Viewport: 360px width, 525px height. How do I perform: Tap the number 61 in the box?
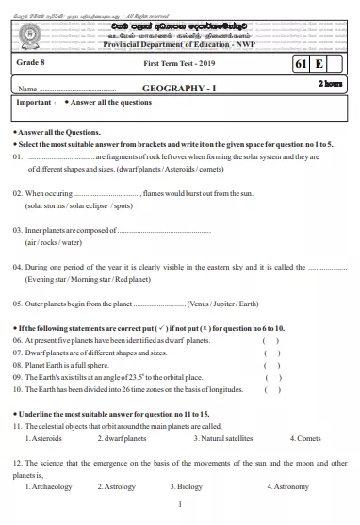302,64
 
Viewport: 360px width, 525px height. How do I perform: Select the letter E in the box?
320,64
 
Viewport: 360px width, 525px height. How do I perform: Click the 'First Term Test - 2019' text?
179,63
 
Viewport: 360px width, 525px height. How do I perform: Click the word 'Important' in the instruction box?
34,102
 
